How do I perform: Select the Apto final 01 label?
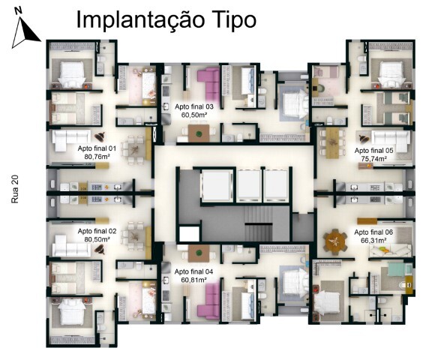pyautogui.click(x=97, y=148)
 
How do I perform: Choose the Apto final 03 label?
pyautogui.click(x=194, y=107)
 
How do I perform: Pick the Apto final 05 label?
pyautogui.click(x=373, y=151)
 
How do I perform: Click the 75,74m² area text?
pyautogui.click(x=371, y=160)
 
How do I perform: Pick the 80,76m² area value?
pyautogui.click(x=97, y=157)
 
